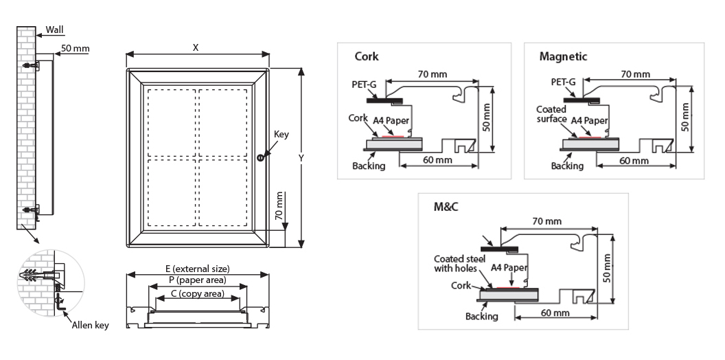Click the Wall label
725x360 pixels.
click(x=55, y=30)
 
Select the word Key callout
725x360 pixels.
click(x=281, y=134)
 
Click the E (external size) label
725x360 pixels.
click(x=197, y=269)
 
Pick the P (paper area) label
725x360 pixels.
click(x=198, y=280)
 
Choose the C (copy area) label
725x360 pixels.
click(x=198, y=293)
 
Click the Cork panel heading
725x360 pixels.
click(x=366, y=56)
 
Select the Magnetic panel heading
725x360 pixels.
click(x=563, y=56)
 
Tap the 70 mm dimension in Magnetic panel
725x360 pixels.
click(x=634, y=74)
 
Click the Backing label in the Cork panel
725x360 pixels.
click(x=368, y=166)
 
